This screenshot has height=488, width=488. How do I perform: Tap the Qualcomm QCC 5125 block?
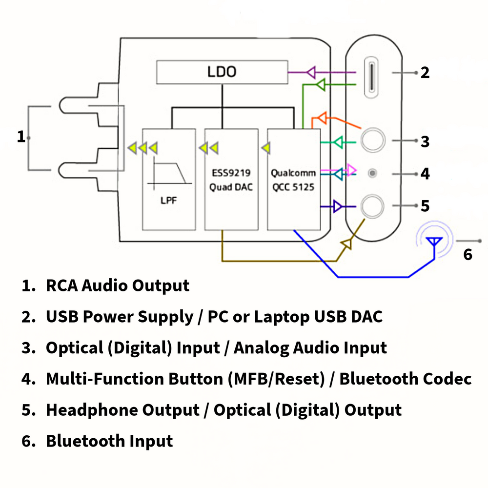pos(293,179)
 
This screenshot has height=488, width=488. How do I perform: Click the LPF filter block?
pos(168,179)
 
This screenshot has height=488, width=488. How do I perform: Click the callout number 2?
pos(425,73)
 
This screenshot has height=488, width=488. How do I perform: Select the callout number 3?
pos(425,142)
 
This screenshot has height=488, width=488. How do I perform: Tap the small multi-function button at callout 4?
pos(373,173)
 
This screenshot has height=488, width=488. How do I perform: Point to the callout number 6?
pos(468,255)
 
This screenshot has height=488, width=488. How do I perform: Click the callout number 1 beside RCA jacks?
pos(20,137)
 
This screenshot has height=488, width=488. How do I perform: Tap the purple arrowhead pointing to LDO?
pos(312,73)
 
